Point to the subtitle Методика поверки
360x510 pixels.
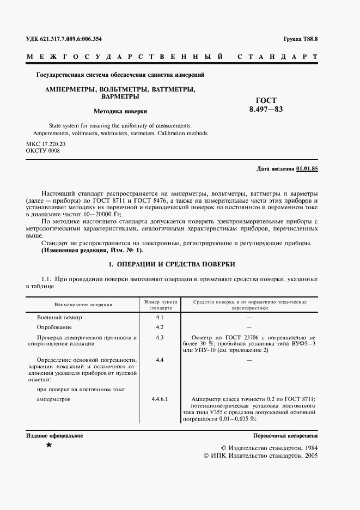pos(120,111)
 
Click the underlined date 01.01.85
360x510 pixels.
pos(307,169)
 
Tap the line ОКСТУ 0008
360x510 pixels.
pos(42,151)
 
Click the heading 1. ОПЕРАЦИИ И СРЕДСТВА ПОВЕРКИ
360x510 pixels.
pos(172,264)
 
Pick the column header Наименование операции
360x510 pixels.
pos(83,304)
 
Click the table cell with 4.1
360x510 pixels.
pos(160,317)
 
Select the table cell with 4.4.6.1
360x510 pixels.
pos(160,399)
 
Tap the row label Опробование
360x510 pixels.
pos(54,327)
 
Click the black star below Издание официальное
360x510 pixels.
pos(49,446)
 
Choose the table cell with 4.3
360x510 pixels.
pos(160,338)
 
